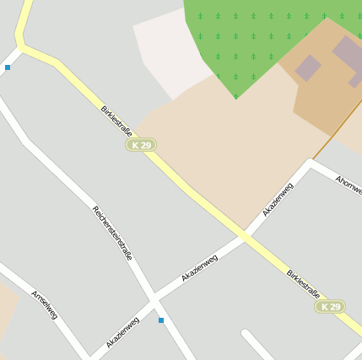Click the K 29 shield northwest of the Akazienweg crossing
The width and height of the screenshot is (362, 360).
click(142, 145)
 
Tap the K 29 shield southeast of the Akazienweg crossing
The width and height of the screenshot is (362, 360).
click(331, 306)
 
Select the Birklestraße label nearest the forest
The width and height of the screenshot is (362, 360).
click(117, 121)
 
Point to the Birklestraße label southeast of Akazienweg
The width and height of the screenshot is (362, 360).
click(303, 285)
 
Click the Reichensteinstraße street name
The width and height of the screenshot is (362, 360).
click(112, 232)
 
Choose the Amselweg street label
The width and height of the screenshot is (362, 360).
click(45, 304)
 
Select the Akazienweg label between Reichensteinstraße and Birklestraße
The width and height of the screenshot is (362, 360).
click(199, 267)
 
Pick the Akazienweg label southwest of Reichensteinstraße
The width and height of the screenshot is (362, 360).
click(123, 332)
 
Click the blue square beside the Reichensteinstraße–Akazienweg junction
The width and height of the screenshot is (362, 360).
click(161, 320)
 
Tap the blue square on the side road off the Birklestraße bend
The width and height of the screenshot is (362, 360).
click(8, 67)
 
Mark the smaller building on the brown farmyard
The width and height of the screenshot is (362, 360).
click(307, 67)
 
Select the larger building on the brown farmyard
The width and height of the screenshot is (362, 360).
click(349, 56)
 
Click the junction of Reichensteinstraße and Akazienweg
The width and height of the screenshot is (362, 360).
click(154, 299)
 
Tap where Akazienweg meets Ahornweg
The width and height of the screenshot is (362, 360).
click(311, 164)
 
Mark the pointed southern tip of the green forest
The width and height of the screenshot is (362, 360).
click(235, 98)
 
